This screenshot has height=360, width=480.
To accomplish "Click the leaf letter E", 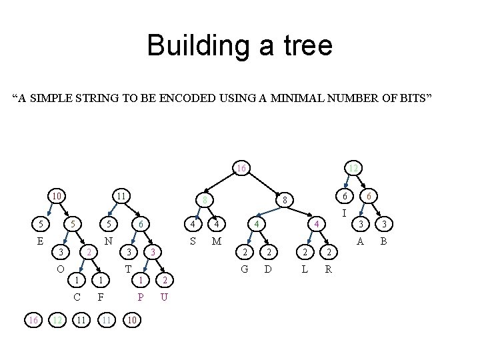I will point(40,241).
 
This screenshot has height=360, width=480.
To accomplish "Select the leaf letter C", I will point(77,297).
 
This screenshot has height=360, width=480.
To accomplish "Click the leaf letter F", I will point(100,297).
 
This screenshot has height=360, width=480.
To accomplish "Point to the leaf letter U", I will point(165,297).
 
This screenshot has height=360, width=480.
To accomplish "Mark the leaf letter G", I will point(245,269).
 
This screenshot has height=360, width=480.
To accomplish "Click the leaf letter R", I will point(328,269).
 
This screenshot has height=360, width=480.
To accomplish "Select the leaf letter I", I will point(344,214).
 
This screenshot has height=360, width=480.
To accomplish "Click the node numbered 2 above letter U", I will point(165,280).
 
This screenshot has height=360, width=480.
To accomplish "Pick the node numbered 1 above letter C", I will point(77,280).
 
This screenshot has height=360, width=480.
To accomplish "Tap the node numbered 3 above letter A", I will point(361,224).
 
